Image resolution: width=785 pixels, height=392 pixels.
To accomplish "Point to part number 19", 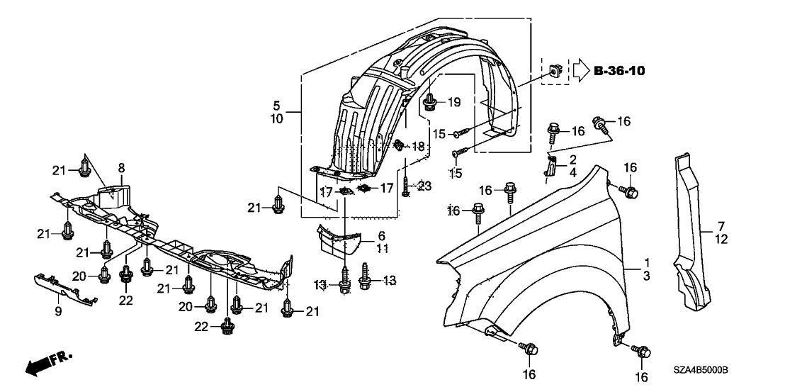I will point(453,103).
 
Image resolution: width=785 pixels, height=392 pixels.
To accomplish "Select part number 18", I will point(417,146).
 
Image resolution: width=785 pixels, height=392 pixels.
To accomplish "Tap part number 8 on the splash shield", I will point(121,168).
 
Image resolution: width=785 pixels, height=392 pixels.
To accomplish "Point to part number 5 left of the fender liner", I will point(276,106).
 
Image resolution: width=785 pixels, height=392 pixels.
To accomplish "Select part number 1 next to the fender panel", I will point(646,262).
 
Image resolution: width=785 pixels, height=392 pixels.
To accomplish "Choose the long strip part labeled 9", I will point(66,289).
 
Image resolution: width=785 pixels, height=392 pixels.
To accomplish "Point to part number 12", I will point(721,240).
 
